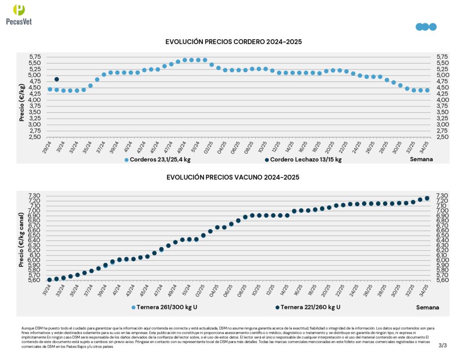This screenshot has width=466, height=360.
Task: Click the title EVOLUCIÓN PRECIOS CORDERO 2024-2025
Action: (233, 42)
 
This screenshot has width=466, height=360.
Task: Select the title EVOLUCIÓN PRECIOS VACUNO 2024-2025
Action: (233, 177)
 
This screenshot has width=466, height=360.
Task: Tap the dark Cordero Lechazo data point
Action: (57, 79)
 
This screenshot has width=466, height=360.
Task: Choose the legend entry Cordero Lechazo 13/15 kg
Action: (302, 160)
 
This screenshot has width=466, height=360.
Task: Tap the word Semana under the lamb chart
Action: (421, 159)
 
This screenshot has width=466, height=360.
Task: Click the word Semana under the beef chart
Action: (428, 307)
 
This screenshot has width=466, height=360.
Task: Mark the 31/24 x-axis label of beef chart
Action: (47, 289)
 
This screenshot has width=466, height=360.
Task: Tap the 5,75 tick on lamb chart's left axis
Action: (35, 57)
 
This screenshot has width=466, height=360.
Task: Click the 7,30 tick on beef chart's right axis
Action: (442, 196)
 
